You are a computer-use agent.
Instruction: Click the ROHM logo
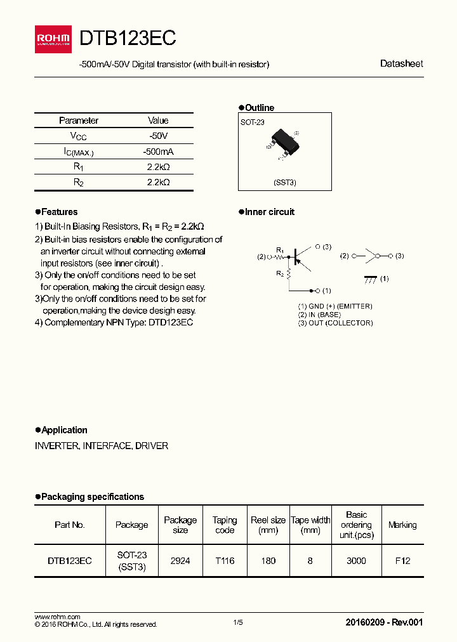pos(53,39)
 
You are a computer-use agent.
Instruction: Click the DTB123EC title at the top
pos(128,39)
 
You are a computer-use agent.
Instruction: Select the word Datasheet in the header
pos(401,63)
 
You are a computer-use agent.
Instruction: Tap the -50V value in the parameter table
pos(158,136)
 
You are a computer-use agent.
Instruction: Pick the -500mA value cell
pos(158,152)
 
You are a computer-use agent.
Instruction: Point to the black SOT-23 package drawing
pos(283,140)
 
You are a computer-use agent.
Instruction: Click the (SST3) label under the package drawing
pos(285,183)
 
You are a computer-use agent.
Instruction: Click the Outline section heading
pos(259,108)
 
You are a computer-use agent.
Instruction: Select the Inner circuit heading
pos(269,212)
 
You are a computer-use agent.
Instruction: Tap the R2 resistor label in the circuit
pos(279,274)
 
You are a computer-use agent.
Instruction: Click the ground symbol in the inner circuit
pos(369,278)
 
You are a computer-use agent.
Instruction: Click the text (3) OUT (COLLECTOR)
pos(335,323)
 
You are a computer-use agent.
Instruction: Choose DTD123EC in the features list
pos(169,322)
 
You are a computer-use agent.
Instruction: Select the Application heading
pos(64,430)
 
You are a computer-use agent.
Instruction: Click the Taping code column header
pos(225,525)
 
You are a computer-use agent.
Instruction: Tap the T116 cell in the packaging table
pos(225,561)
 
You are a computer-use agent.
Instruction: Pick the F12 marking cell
pos(402,561)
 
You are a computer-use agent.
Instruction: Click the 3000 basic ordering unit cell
pos(356,561)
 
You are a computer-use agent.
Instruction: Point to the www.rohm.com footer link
pos(57,617)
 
